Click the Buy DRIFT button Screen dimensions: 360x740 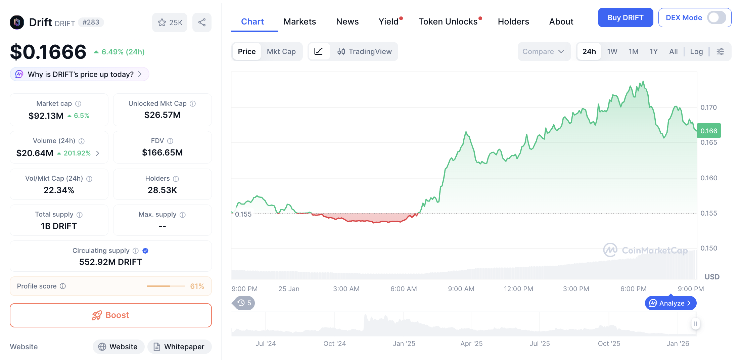tap(625, 17)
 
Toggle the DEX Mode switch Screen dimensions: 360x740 tap(716, 17)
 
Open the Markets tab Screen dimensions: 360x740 tap(299, 21)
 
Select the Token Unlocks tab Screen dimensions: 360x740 tap(448, 21)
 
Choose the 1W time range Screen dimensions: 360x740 tap(612, 51)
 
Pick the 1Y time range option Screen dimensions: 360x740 tap(653, 51)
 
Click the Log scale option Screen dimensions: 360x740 tap(696, 51)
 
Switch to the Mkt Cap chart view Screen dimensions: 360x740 tap(281, 51)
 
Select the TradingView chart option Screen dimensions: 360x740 tap(365, 51)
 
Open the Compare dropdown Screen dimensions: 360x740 tap(543, 51)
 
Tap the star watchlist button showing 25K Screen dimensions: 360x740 tap(170, 22)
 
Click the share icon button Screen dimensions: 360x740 tap(202, 22)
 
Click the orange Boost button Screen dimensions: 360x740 tap(111, 315)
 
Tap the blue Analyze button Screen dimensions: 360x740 tap(670, 303)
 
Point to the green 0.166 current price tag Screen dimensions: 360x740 tap(708, 131)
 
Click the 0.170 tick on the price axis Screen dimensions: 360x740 tap(708, 107)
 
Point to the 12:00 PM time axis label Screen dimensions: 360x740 tap(518, 289)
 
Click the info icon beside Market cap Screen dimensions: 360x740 tap(78, 104)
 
